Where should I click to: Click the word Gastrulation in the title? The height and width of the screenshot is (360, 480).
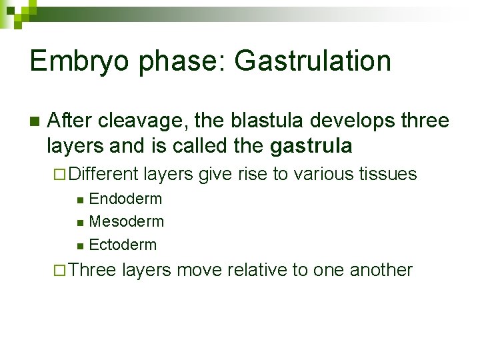pyautogui.click(x=313, y=61)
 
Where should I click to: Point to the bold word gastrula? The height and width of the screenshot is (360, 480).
pyautogui.click(x=311, y=145)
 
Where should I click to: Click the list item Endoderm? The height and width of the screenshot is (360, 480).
pyautogui.click(x=125, y=199)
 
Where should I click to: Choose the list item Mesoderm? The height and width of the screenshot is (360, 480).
pyautogui.click(x=126, y=221)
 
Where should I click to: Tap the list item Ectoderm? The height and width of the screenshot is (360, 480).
pyautogui.click(x=123, y=245)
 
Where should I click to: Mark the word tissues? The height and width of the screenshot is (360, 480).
pyautogui.click(x=388, y=175)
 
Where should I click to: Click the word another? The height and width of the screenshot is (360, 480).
pyautogui.click(x=381, y=270)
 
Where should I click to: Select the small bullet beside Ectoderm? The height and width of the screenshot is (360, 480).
pyautogui.click(x=80, y=245)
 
